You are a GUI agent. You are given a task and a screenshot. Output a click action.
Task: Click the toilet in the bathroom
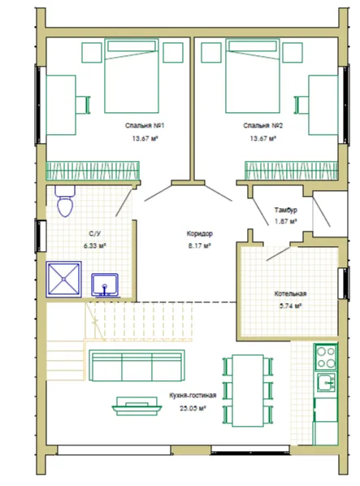click(65, 201)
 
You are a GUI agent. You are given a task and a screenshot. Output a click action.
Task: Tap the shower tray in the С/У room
click(64, 280)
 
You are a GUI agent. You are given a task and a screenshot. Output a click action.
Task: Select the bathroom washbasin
click(105, 284)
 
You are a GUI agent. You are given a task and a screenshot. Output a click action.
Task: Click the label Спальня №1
click(145, 125)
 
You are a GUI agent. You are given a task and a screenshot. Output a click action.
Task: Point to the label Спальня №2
click(262, 125)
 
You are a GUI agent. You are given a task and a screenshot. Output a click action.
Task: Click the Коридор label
click(200, 233)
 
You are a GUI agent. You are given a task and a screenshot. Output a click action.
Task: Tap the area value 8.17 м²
click(200, 245)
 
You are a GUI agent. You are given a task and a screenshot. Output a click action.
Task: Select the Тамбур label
click(286, 210)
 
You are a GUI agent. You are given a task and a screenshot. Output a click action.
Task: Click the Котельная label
click(290, 293)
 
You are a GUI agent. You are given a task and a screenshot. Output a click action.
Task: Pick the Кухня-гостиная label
click(193, 395)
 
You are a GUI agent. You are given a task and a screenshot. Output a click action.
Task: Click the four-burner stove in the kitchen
click(326, 358)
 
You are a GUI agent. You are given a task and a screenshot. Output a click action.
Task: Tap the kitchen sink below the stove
click(326, 382)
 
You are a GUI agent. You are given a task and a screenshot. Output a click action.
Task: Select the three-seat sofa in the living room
click(137, 366)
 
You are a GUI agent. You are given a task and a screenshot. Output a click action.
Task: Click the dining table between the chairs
click(248, 391)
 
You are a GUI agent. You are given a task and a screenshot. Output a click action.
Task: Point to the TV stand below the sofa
click(137, 406)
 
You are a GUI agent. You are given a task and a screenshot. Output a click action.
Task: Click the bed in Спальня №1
click(132, 76)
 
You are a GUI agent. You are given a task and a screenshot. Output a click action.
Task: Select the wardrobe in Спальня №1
click(93, 171)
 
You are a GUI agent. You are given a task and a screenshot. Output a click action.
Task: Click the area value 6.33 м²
click(95, 245)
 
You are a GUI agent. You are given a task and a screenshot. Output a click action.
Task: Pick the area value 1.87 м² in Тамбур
click(286, 222)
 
